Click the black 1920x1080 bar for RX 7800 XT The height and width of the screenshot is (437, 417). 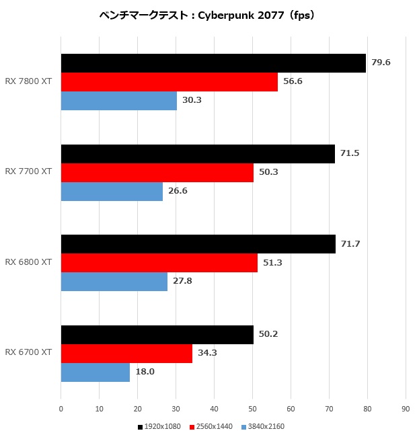click(213, 63)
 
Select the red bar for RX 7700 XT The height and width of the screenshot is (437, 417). click(157, 173)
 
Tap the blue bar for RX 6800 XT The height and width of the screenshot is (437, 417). click(114, 282)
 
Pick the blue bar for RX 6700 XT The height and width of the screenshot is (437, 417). click(96, 372)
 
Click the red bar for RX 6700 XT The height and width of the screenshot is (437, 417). click(126, 354)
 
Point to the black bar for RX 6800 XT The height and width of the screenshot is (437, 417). click(198, 244)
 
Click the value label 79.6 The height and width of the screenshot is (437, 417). click(381, 63)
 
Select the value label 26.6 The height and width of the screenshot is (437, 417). click(178, 191)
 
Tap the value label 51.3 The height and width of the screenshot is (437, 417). click(272, 263)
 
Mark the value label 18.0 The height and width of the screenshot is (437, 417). click(145, 372)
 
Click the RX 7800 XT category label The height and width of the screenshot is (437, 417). click(28, 82)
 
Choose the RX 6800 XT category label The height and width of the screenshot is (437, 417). click(28, 262)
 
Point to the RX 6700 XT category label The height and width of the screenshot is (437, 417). click(28, 353)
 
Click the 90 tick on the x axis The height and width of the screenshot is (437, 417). click(405, 407)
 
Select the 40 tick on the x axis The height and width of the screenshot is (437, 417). click(214, 407)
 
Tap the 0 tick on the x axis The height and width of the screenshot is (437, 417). click(61, 407)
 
